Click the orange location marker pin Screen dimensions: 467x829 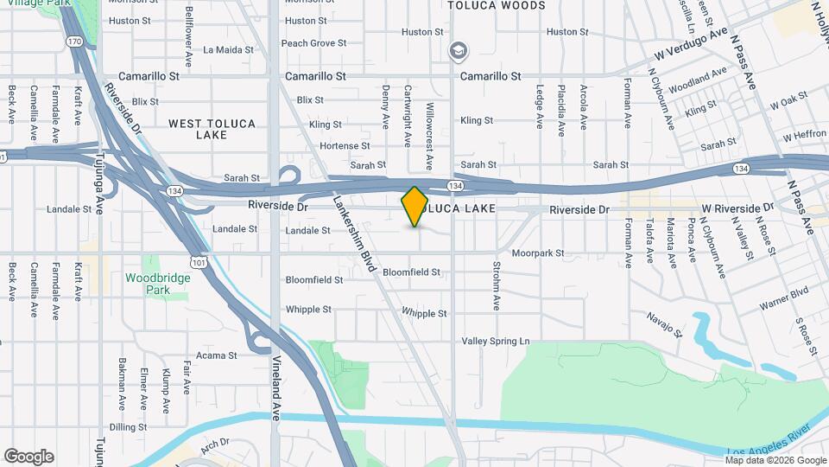point(414,207)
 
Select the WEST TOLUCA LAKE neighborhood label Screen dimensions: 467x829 point(212,129)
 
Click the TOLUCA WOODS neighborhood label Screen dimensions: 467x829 point(497,5)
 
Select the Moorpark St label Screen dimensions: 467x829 point(537,254)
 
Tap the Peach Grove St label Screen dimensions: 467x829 point(313,43)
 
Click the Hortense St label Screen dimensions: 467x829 point(345,146)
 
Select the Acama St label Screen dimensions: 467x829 point(216,355)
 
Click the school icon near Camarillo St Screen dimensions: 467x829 point(458,52)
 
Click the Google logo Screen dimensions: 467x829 point(28,457)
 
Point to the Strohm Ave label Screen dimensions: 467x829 point(497,286)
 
